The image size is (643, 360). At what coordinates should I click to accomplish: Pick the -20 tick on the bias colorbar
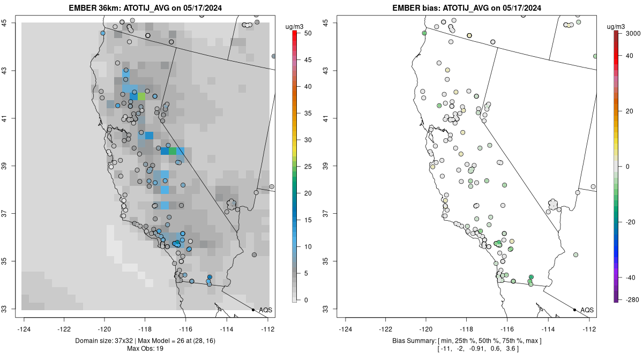(627, 221)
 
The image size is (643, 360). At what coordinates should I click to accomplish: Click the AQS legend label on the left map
(266, 310)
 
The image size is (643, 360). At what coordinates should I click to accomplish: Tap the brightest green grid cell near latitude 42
(142, 96)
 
